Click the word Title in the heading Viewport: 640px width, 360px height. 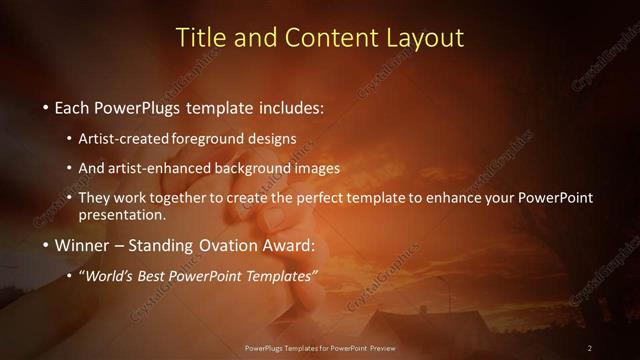(199, 38)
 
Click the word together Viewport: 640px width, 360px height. (180, 198)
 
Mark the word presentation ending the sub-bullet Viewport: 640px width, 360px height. (128, 214)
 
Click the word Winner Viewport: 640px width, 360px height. (83, 244)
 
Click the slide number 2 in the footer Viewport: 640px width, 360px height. (590, 348)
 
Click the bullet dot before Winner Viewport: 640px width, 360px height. (46, 245)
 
